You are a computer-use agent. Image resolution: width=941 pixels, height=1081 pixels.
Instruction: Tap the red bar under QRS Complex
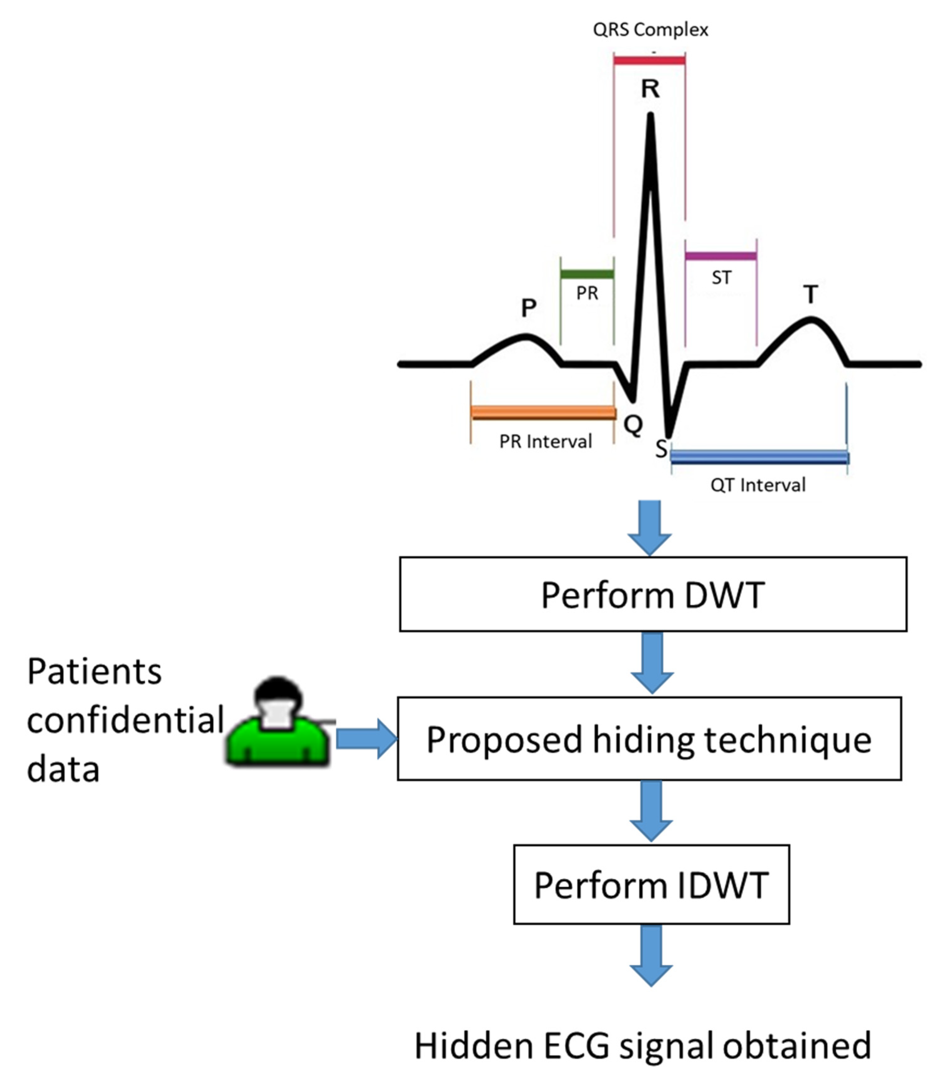(649, 61)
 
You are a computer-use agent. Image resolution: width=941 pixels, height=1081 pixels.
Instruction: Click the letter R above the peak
(650, 89)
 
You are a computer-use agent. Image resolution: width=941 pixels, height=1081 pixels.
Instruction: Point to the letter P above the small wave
(528, 308)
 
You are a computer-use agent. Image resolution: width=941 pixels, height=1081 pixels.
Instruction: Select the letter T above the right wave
(810, 295)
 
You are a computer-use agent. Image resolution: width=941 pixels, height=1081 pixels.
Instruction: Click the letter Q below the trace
(633, 424)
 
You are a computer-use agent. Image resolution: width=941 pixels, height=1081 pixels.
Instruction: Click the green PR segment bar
(587, 274)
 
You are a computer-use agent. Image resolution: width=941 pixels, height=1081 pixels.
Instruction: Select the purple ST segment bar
(721, 256)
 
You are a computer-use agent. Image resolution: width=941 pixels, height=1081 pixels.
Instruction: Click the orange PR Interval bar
(543, 413)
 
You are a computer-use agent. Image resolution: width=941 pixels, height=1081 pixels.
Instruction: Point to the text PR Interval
(545, 442)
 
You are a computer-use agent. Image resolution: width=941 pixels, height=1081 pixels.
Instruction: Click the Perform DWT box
(653, 594)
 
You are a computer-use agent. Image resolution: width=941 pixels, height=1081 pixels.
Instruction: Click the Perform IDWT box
(651, 885)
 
